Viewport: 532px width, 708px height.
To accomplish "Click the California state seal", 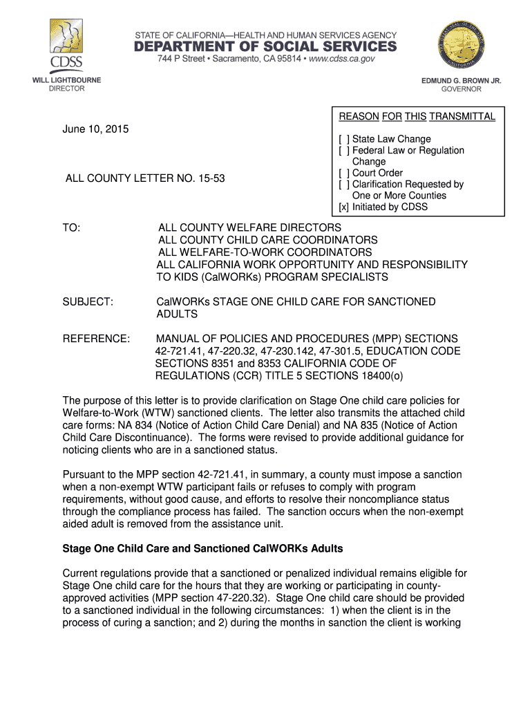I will pos(462,43).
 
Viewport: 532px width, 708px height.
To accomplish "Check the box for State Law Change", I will pos(343,139).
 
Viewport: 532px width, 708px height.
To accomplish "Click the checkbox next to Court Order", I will pos(343,173).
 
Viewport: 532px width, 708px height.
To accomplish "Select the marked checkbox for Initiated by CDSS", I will pos(343,207).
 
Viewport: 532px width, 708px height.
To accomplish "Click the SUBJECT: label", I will pos(88,302).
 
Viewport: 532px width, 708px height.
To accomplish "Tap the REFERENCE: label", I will pos(96,339).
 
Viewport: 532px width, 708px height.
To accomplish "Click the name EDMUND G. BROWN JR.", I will pos(462,81).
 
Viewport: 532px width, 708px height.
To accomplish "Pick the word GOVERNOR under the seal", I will pos(462,89).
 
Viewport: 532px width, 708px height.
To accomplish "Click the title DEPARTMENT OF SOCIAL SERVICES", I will pos(265,46).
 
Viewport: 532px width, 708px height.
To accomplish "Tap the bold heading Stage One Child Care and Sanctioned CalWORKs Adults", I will pos(203,548).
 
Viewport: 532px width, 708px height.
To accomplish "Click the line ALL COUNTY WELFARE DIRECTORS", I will pos(249,227).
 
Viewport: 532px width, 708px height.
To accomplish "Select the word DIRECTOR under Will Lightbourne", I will pos(66,88).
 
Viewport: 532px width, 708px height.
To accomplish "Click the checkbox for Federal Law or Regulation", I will pos(343,150).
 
